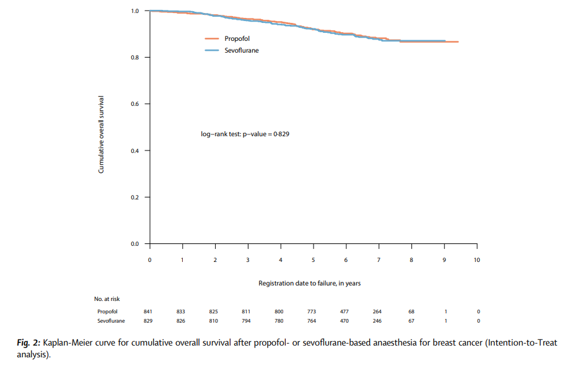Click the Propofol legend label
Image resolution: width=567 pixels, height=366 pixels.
click(237, 38)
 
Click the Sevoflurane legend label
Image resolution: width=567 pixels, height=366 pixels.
click(241, 50)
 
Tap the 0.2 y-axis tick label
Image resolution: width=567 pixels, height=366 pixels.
click(134, 198)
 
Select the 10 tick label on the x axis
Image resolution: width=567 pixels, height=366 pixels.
click(477, 259)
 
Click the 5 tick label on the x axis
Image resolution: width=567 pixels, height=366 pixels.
click(313, 259)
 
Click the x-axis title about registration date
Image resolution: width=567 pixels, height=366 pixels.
click(309, 283)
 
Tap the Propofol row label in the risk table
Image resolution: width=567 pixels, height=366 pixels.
click(107, 311)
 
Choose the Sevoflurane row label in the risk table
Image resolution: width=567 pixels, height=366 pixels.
click(111, 321)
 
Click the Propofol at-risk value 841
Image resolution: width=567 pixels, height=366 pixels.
click(148, 311)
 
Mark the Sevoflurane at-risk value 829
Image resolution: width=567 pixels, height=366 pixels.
click(148, 321)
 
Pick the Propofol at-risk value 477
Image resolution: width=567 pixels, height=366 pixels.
click(345, 311)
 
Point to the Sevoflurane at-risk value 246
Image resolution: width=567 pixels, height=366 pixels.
click(378, 321)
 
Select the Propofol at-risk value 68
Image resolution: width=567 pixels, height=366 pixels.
click(411, 311)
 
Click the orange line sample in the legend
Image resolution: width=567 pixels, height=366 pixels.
click(213, 38)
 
